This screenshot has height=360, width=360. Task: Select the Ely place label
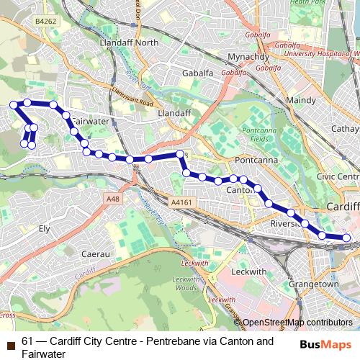45,228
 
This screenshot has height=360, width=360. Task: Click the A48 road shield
111,199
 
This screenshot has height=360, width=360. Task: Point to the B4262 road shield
45,22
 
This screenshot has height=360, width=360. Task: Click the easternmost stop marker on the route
346,238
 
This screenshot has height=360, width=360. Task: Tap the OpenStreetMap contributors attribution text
297,323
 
